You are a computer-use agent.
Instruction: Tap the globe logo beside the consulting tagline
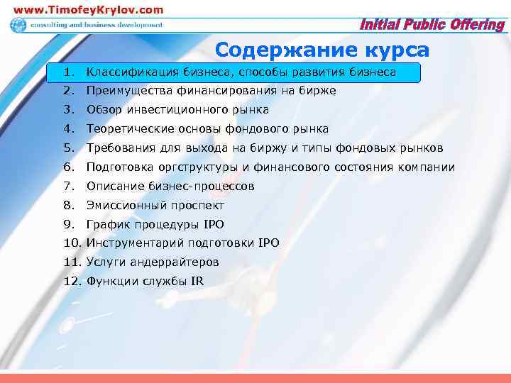[x=18, y=25]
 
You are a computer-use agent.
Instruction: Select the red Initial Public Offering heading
[x=432, y=26]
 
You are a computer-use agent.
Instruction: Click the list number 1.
[x=67, y=72]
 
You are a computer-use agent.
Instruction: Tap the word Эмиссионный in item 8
[x=124, y=206]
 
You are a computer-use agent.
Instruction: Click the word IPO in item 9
[x=213, y=225]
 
